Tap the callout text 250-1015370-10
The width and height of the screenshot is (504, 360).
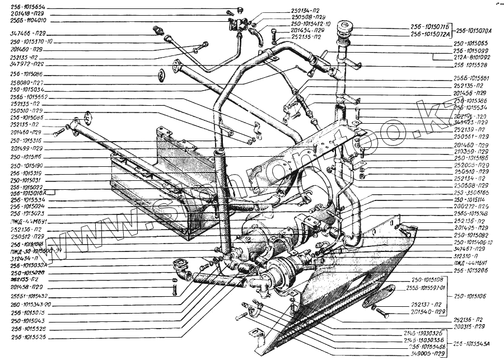32,41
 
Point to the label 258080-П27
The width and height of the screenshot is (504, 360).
28,82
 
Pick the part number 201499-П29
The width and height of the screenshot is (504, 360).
28,148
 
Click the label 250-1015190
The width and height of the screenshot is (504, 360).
28,166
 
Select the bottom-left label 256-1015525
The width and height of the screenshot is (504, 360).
29,338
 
